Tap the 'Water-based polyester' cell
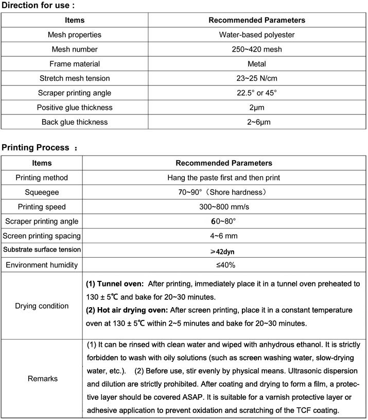coord(256,35)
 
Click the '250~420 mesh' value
coord(256,49)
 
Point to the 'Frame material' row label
coord(75,64)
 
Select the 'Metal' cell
coord(256,64)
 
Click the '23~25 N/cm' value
coord(256,78)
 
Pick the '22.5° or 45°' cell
coord(256,93)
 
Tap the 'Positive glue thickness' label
coord(75,107)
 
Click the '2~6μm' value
coord(256,122)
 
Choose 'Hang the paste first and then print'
coord(224,178)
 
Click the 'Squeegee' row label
coord(42,192)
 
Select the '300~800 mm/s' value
coord(224,207)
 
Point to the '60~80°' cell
coord(224,221)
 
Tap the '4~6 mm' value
coord(224,236)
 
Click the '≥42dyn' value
coord(224,251)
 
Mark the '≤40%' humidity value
coord(224,265)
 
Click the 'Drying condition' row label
coord(42,306)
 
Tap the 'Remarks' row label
coord(42,379)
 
